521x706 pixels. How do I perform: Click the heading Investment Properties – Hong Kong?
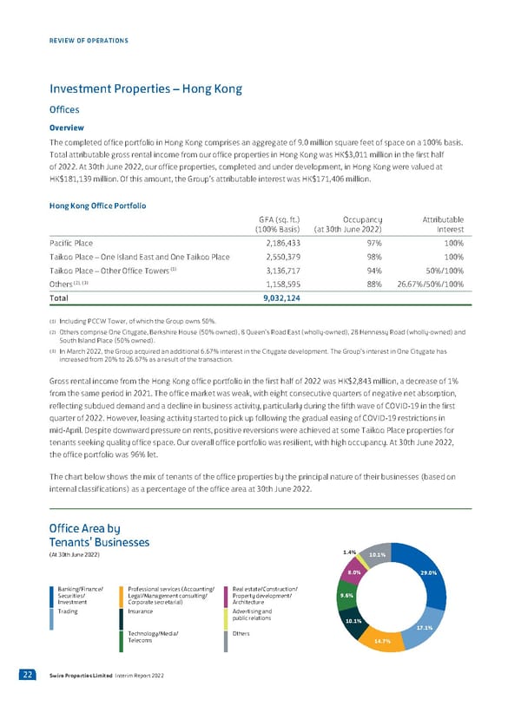pyautogui.click(x=145, y=89)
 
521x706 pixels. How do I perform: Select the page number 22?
pyautogui.click(x=29, y=675)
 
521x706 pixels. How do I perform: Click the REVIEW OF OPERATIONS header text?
pyautogui.click(x=89, y=41)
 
